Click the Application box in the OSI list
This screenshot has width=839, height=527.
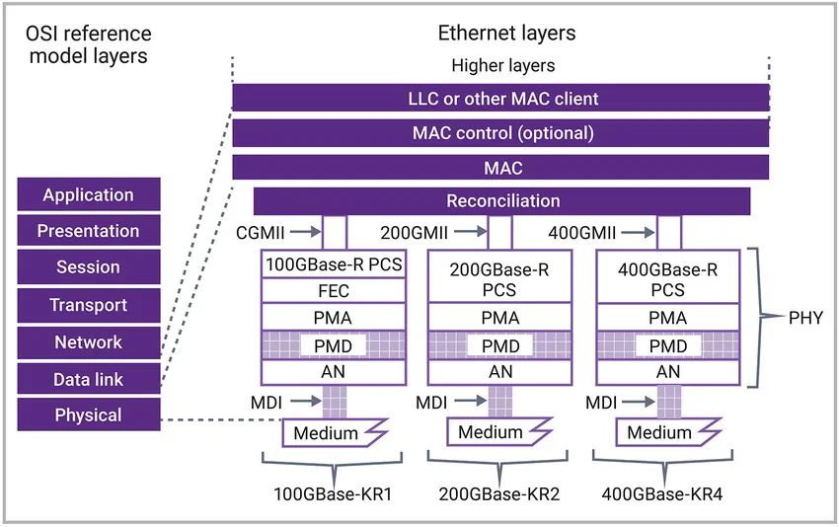click(88, 194)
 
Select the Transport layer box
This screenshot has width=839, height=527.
click(88, 305)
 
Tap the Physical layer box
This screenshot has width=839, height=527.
click(88, 414)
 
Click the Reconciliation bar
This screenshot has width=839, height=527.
click(501, 201)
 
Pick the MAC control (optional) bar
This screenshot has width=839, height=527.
click(501, 133)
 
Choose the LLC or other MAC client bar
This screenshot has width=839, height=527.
click(501, 99)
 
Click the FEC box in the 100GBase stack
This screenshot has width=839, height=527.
click(333, 291)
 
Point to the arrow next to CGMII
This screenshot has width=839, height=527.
click(307, 233)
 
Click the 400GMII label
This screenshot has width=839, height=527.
click(583, 233)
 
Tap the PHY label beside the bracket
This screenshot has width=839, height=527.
click(805, 318)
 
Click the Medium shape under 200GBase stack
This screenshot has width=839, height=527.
click(491, 432)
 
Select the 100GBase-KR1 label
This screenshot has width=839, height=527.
click(333, 493)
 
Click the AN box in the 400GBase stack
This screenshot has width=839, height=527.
click(668, 372)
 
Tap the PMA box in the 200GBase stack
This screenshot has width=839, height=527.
click(500, 319)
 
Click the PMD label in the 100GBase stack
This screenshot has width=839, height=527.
click(333, 345)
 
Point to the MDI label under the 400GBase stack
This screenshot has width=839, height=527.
click(602, 403)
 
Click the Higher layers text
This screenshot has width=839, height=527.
click(502, 66)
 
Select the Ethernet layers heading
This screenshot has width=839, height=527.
click(506, 34)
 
